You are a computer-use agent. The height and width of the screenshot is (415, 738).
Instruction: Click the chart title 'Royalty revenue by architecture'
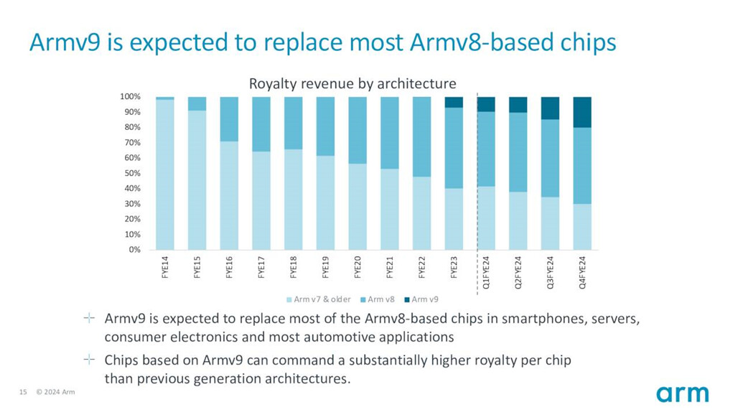[352, 84]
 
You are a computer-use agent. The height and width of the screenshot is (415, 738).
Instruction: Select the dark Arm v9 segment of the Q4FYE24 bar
[581, 113]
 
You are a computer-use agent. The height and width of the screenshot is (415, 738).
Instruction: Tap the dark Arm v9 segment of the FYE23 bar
[454, 103]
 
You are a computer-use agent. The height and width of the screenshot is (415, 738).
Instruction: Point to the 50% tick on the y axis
[132, 173]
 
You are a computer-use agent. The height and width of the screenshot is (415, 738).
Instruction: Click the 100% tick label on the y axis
[131, 96]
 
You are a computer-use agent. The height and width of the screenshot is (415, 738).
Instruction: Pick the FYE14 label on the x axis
[165, 267]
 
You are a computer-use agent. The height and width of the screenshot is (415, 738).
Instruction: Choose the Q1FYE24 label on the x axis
[486, 272]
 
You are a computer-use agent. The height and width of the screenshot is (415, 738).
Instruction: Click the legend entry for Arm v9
[421, 299]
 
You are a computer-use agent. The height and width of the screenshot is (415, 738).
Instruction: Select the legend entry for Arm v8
[378, 299]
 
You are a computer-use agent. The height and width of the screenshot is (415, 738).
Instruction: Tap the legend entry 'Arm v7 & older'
[319, 299]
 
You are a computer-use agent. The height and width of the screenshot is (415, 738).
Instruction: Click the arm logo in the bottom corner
[683, 394]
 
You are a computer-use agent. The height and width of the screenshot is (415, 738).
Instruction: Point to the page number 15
[23, 392]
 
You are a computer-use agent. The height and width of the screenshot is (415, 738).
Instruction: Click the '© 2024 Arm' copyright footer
[55, 392]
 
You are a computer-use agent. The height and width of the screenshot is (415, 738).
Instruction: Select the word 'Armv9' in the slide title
[65, 42]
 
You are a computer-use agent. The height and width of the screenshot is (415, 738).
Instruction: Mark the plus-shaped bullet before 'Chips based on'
[89, 360]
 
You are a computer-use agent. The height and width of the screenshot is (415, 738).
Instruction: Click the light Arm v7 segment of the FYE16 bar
[229, 196]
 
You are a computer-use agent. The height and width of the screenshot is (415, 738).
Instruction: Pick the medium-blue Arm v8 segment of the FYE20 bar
[358, 131]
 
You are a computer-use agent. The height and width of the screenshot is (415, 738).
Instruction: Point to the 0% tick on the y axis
[135, 250]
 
